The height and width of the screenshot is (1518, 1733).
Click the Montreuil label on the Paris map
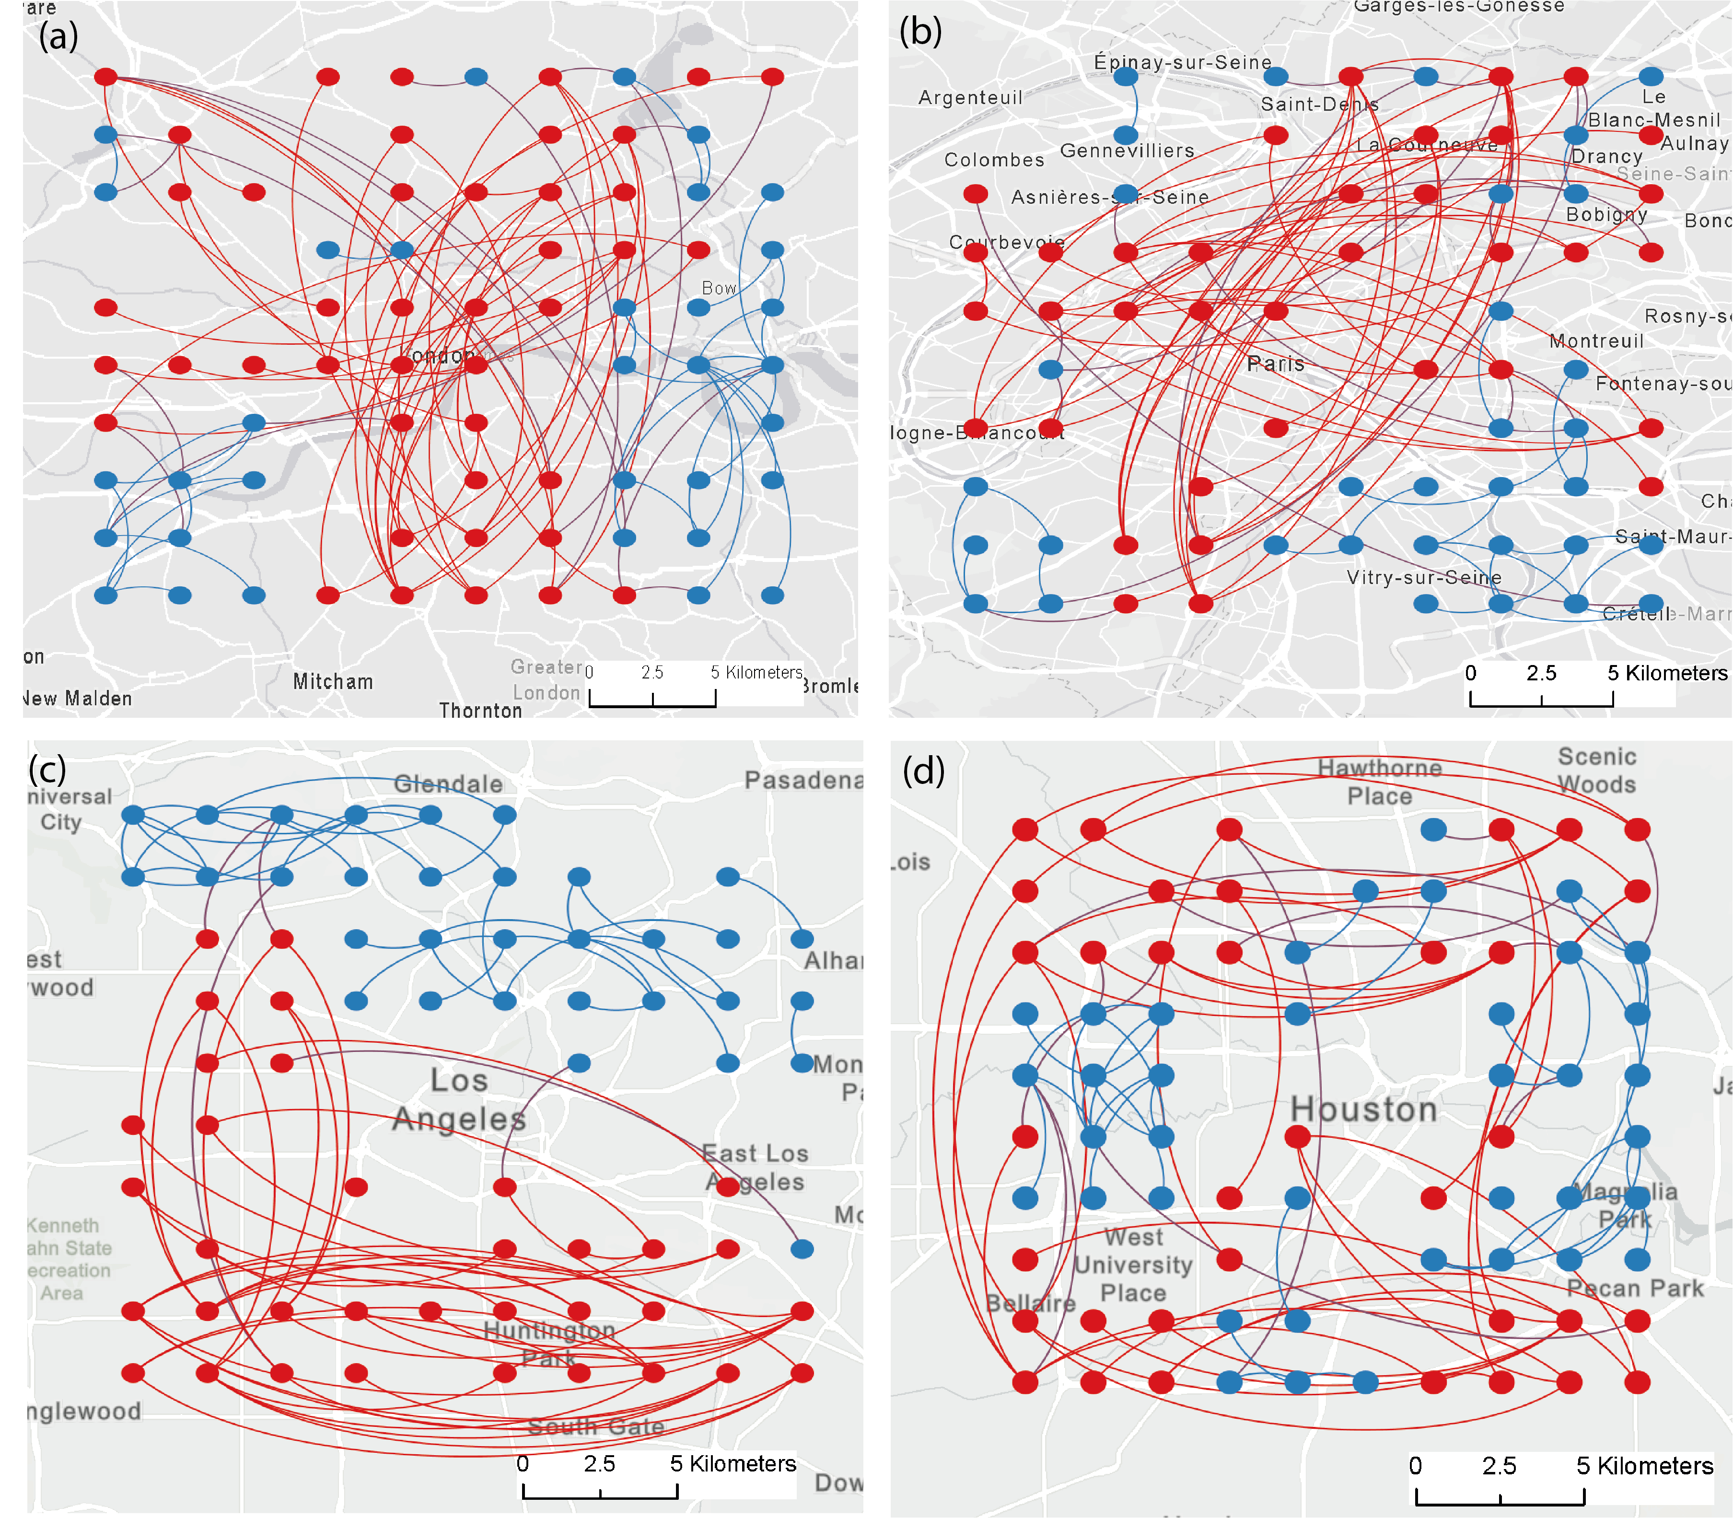(x=1596, y=341)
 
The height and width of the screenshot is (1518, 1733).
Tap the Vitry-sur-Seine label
(x=1424, y=578)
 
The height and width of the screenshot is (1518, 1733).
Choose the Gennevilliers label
(x=1127, y=151)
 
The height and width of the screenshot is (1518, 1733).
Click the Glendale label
(x=448, y=783)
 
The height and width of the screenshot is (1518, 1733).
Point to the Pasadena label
(x=803, y=780)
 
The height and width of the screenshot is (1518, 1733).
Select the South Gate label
(x=595, y=1426)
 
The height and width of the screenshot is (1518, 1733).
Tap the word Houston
(x=1363, y=1109)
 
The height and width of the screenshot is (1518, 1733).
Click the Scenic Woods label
(x=1597, y=770)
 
